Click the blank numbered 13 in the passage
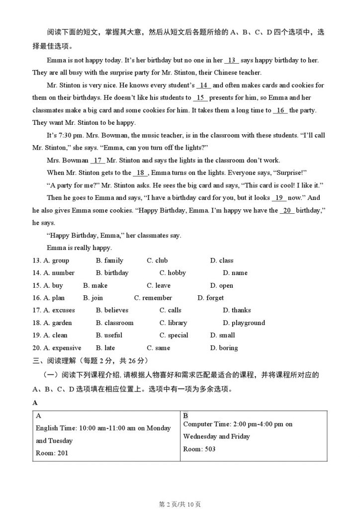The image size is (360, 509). point(232,61)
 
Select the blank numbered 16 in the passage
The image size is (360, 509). point(280,110)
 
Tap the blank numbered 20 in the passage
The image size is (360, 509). point(287,210)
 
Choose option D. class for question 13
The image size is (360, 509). point(221,260)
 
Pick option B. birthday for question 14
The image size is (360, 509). point(112,273)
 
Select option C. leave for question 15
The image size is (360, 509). point(159,285)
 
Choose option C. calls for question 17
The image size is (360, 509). point(171,310)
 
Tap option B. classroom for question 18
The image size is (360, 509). point(115,323)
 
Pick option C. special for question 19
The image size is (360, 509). point(174,335)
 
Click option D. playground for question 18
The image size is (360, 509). point(244,323)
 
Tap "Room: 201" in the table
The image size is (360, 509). point(52,453)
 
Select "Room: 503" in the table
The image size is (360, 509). point(199,449)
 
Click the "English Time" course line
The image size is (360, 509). point(103,428)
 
